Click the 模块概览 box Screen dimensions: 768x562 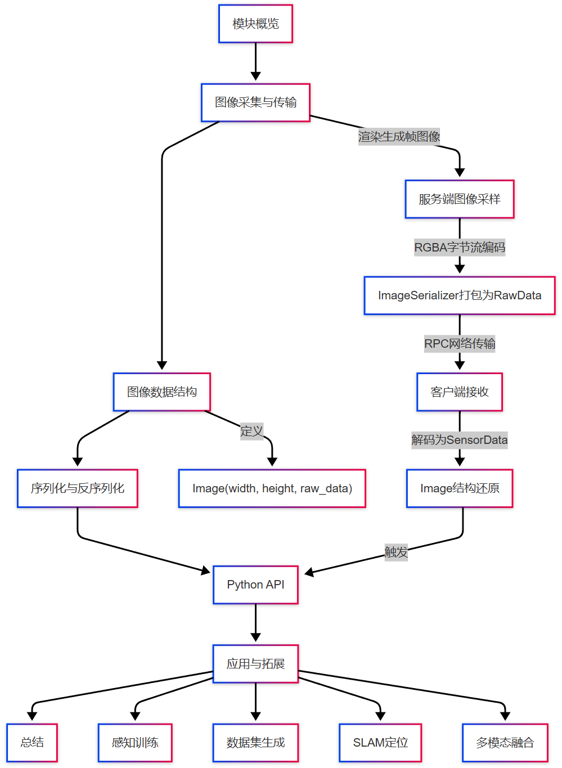coord(255,24)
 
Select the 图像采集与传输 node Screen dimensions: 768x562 coord(255,102)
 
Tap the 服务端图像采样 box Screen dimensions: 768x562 coord(459,199)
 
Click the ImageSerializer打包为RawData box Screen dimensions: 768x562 coord(459,295)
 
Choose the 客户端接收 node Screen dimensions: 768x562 coord(459,392)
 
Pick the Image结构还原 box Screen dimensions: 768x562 coord(459,488)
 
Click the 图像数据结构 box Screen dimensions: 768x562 coord(161,392)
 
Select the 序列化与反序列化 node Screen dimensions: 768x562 coord(77,488)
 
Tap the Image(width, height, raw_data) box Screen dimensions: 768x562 coord(272,488)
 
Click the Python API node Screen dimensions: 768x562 coord(255,585)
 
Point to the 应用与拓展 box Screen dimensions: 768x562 coord(255,664)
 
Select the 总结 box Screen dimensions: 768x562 coord(32,743)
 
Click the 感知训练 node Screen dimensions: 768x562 coord(135,743)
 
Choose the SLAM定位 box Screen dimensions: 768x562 coord(380,743)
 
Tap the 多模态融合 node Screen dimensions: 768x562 coord(505,743)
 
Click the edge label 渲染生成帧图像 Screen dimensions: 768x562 coord(399,137)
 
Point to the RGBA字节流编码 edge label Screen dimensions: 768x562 coord(459,248)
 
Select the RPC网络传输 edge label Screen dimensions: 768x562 coord(459,344)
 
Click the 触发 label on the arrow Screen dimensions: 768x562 coord(396,553)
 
